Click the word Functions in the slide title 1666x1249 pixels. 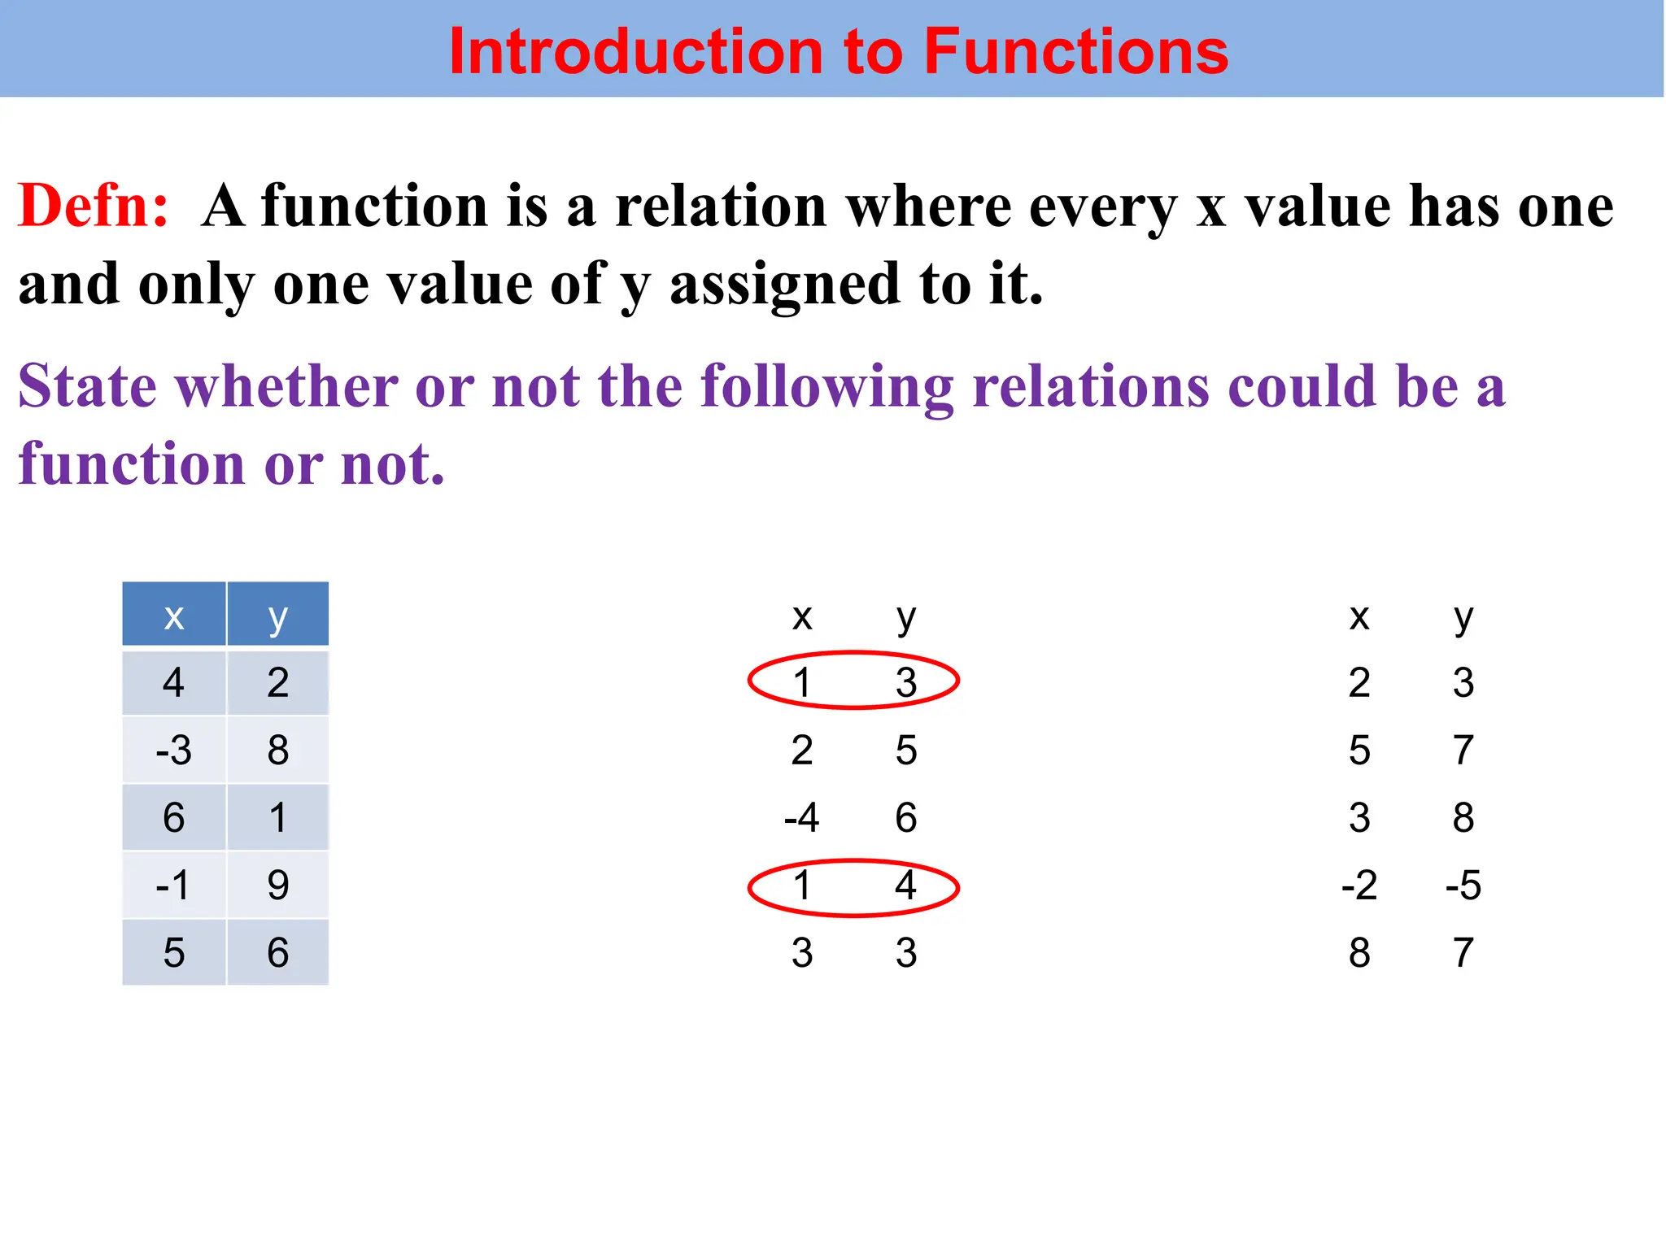click(x=1075, y=51)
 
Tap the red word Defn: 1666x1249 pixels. click(x=94, y=206)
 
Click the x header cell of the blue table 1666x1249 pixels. click(x=174, y=616)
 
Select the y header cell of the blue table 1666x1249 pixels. click(x=278, y=616)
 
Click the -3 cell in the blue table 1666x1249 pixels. click(x=174, y=750)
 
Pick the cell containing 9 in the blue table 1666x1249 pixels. click(x=278, y=885)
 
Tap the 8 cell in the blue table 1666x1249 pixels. click(x=278, y=750)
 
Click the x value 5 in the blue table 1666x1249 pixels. click(x=174, y=952)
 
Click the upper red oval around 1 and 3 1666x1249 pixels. click(x=853, y=655)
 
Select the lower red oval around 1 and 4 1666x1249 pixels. click(x=853, y=862)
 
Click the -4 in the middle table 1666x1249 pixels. click(x=801, y=817)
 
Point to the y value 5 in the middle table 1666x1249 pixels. click(x=906, y=750)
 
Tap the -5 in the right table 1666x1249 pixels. click(x=1463, y=885)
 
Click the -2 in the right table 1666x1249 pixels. click(x=1359, y=885)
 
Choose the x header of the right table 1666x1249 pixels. click(x=1359, y=617)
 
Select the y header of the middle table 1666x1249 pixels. click(x=906, y=617)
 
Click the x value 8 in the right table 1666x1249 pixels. click(x=1359, y=952)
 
